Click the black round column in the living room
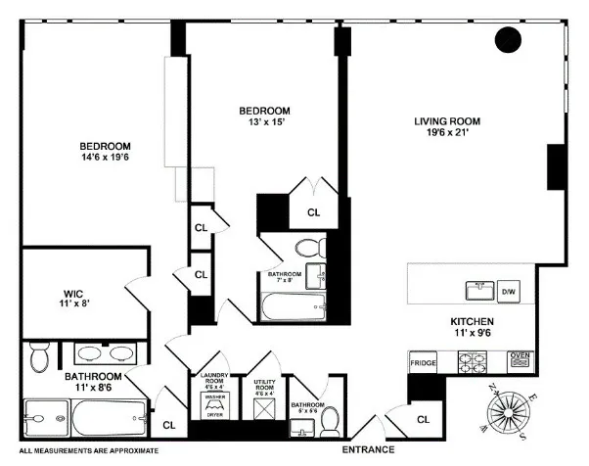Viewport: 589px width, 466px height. point(508,40)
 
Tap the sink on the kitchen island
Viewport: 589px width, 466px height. point(478,290)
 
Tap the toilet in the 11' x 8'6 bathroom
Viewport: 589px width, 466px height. point(40,359)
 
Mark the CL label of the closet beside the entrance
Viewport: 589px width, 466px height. point(422,419)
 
